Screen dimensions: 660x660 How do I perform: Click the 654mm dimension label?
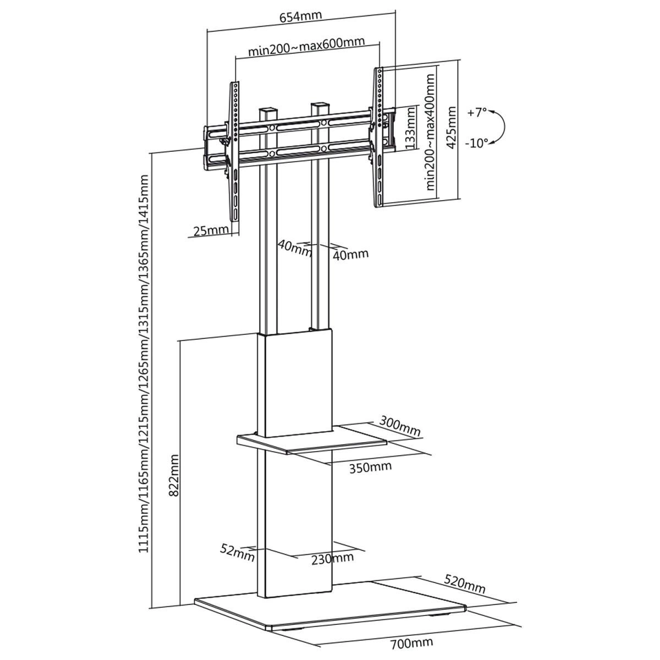pos(300,16)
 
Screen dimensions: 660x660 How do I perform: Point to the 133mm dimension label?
pos(410,128)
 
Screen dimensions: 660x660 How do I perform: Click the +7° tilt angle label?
pos(477,112)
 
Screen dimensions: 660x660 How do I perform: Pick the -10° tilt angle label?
pos(476,143)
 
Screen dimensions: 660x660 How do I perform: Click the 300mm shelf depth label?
pos(400,426)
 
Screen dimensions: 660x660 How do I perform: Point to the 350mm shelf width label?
pos(370,467)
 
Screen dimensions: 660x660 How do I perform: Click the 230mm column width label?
pos(332,558)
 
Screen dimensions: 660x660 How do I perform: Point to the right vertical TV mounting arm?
pos(379,137)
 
